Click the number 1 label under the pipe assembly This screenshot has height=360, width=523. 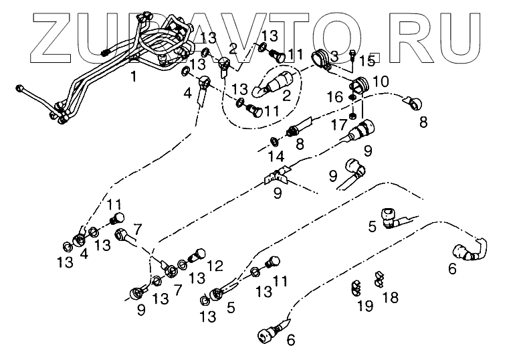click(133, 77)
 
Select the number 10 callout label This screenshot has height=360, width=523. click(381, 82)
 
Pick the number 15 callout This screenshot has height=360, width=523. click(366, 61)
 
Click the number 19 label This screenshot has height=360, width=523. click(365, 306)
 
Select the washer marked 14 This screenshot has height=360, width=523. click(275, 141)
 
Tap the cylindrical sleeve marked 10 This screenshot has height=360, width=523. click(360, 85)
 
